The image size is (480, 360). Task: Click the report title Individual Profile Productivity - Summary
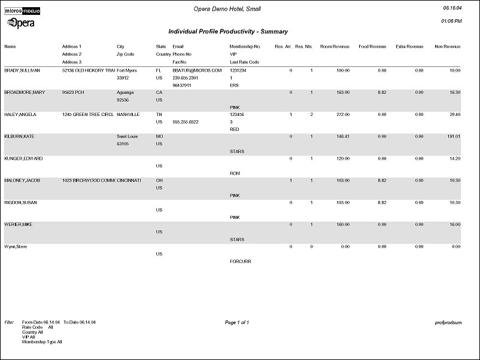click(228, 31)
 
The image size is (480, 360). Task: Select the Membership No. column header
click(245, 46)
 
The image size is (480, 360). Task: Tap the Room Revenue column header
click(335, 46)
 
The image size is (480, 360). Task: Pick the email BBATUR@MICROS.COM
click(197, 71)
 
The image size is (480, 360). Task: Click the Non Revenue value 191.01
click(453, 137)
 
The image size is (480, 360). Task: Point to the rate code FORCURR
click(242, 261)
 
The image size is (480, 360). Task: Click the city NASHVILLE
click(128, 114)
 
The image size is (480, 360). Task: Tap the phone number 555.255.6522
click(186, 122)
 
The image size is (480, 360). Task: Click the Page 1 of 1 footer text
click(237, 323)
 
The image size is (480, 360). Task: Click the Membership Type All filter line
click(42, 343)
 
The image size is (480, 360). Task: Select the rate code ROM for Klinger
click(235, 173)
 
